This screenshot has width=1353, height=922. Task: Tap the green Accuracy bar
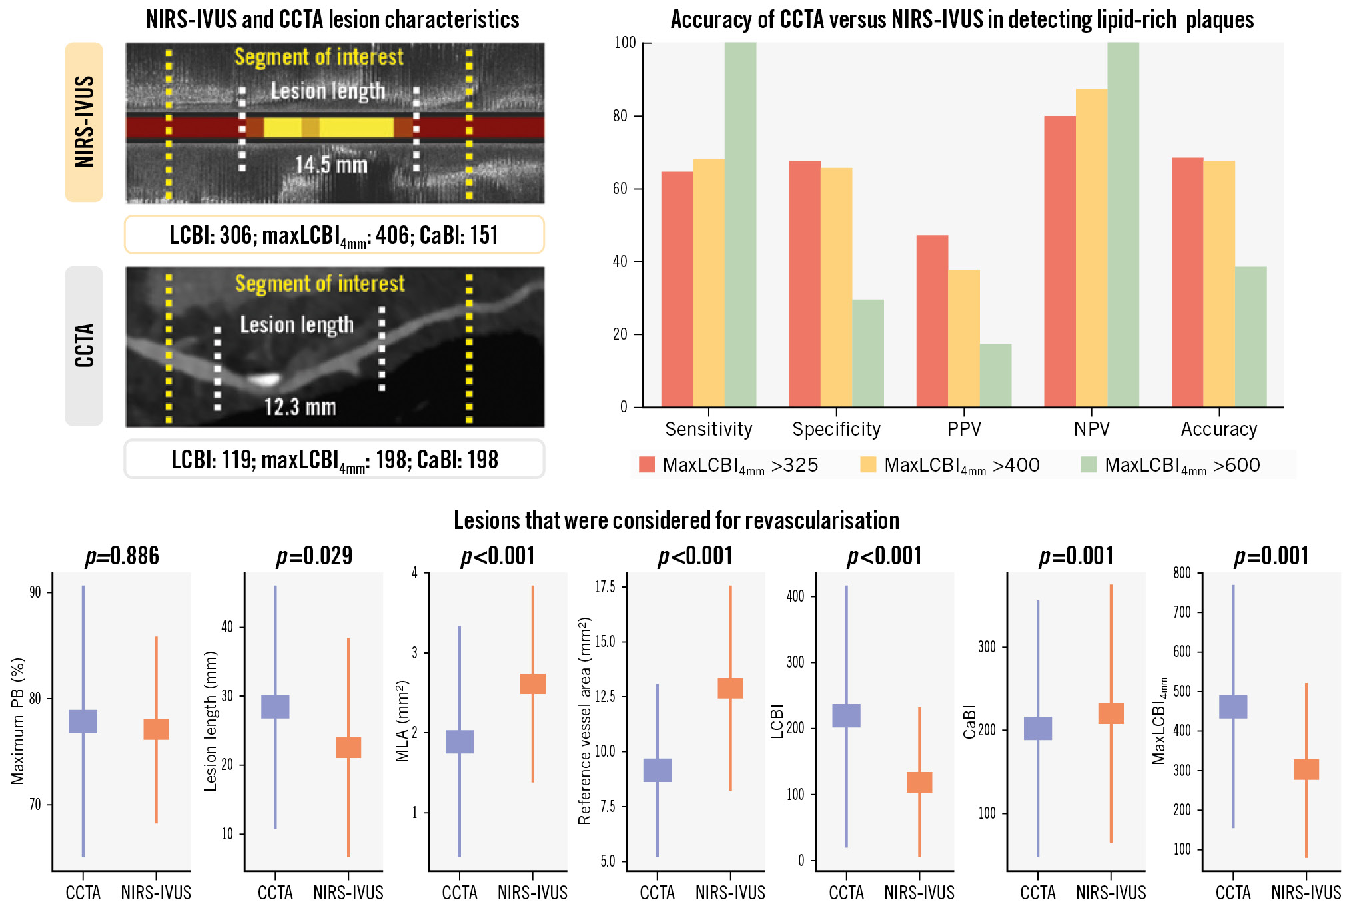click(1250, 337)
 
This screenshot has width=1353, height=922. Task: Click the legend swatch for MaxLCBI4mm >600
click(1089, 465)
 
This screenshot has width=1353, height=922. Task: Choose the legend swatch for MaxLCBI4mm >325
click(646, 465)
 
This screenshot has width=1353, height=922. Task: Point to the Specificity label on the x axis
click(836, 430)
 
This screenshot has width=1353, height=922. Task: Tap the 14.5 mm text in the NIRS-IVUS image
click(331, 165)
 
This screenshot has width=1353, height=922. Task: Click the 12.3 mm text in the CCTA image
click(300, 407)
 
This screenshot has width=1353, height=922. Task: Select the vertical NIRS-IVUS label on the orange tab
click(84, 121)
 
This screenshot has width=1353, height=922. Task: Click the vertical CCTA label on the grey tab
click(84, 346)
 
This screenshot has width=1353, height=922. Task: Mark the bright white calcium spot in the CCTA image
click(264, 380)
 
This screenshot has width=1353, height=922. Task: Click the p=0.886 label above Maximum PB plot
click(122, 556)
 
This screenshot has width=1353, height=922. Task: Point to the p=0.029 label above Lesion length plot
click(314, 556)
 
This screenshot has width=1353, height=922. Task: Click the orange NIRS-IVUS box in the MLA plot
click(532, 684)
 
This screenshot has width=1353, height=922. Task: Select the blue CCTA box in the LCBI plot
click(846, 715)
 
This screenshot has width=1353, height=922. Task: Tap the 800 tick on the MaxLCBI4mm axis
click(1182, 573)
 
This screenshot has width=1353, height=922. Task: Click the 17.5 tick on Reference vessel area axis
click(605, 587)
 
